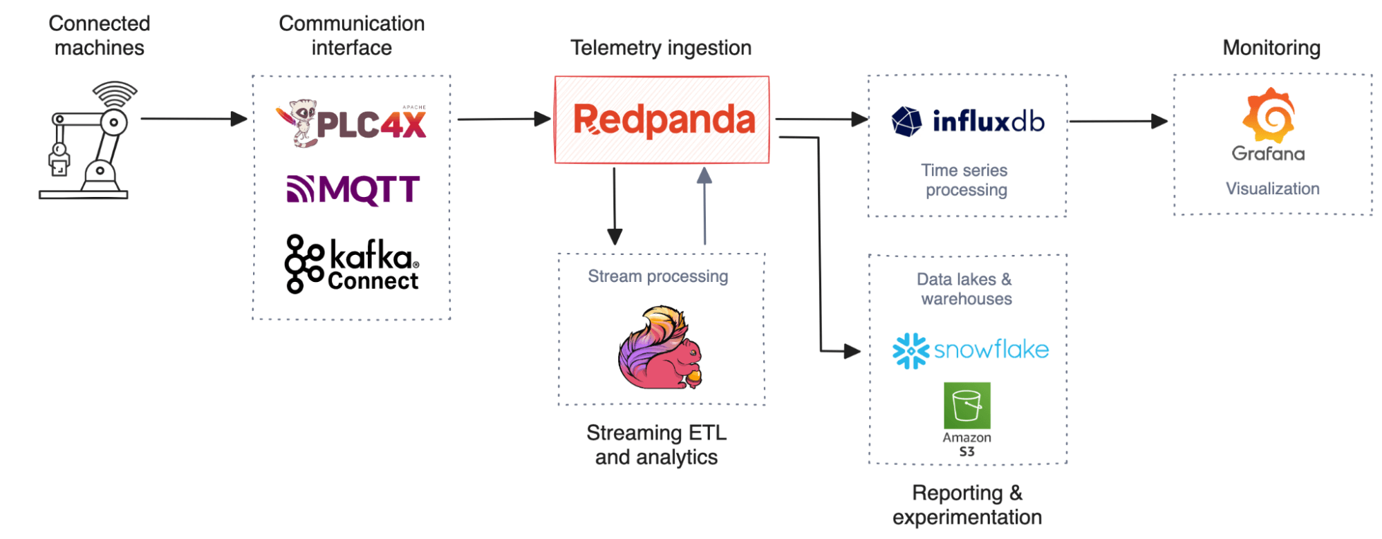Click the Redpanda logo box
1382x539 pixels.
coord(662,120)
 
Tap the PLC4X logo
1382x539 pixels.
coord(351,123)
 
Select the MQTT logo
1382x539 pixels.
coord(353,189)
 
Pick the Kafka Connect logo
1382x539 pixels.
coord(352,264)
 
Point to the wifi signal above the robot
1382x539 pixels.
coord(115,94)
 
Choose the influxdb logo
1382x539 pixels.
coord(967,122)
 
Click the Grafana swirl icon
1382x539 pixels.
coord(1269,115)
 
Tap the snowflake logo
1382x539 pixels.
coord(970,350)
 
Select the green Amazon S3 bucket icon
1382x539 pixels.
coord(967,406)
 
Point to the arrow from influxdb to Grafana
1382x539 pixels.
coord(1119,122)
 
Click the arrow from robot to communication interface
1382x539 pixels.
coord(194,119)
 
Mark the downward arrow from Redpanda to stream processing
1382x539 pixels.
coord(615,206)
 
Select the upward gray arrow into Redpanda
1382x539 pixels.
coord(704,206)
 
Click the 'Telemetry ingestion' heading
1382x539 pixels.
coord(661,48)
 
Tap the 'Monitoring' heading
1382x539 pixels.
coord(1271,48)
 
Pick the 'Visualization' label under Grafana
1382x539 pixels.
coord(1273,189)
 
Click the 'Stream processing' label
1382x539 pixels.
coord(658,276)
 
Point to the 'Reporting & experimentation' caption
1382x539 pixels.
coord(967,505)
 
